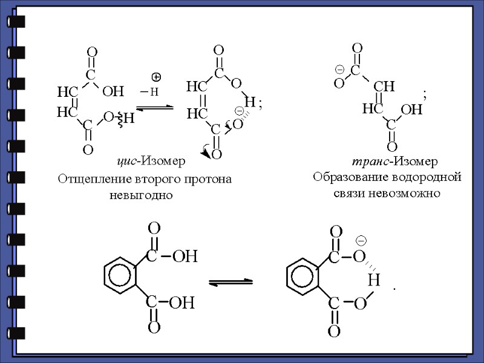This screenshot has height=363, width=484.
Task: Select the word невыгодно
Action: click(141, 195)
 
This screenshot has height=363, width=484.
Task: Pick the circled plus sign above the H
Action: click(156, 77)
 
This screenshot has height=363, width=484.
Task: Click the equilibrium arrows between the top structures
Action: click(155, 108)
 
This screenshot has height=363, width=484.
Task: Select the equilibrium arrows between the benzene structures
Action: click(231, 281)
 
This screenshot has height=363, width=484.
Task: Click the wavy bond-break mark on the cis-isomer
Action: click(120, 120)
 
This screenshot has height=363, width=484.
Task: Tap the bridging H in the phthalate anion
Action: click(373, 280)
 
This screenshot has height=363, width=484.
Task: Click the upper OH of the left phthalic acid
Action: click(185, 257)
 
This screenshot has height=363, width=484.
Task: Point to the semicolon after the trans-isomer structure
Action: click(425, 94)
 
